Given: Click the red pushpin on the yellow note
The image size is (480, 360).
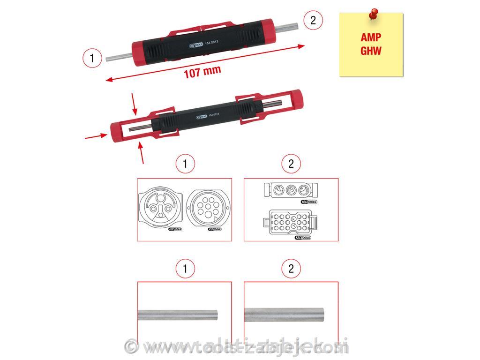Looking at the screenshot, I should point(373,14).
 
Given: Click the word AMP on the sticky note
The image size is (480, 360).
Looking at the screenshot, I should point(371,37).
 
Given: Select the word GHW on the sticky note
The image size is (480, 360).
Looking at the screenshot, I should point(371,51).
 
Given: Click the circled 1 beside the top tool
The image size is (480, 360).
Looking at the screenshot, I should point(92,58).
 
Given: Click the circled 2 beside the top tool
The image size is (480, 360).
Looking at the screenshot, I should point(313,20).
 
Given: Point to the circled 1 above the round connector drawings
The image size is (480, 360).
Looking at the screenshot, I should point(185,164).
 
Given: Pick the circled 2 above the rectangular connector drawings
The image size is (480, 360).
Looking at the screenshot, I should point(291,164).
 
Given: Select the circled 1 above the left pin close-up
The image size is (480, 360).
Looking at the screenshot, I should point(185,269).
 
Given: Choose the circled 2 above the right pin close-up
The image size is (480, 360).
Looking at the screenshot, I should point(291,269).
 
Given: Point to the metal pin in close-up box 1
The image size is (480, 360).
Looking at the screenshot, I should point(178,314).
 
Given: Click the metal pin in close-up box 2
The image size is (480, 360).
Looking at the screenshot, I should point(285,314).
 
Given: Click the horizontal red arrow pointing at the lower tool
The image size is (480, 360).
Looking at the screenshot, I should point(95,136).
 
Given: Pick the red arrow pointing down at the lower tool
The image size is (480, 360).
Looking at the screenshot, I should point(134,104).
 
